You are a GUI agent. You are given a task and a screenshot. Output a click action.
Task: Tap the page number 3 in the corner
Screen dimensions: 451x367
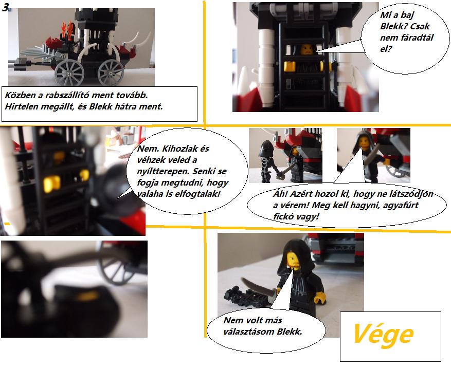pos(5,7)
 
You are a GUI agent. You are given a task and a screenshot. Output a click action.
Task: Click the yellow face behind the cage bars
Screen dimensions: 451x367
pos(307,49)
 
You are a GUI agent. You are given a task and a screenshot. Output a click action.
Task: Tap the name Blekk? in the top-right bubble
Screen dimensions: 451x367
pos(394,26)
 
